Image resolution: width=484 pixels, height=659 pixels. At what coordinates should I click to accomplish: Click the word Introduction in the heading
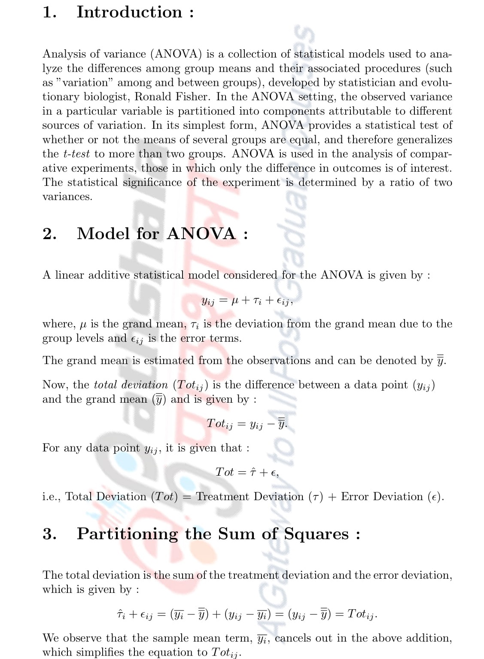(129, 12)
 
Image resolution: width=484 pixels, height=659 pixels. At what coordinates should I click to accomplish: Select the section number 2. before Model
(49, 234)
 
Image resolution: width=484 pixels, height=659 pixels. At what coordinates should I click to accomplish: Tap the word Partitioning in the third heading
(127, 534)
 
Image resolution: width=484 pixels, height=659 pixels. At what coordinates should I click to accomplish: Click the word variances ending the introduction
(67, 197)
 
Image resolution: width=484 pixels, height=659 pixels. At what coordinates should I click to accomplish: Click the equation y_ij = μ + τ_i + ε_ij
(247, 301)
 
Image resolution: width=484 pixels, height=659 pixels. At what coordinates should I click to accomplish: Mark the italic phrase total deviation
(131, 385)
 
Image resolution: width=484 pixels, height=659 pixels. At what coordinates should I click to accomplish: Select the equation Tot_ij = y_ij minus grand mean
(247, 424)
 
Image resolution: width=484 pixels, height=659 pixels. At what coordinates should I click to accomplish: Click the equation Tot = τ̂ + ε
(247, 472)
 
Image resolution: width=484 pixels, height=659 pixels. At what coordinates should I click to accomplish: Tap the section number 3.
(49, 534)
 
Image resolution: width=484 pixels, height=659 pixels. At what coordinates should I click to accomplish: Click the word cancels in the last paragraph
(293, 638)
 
